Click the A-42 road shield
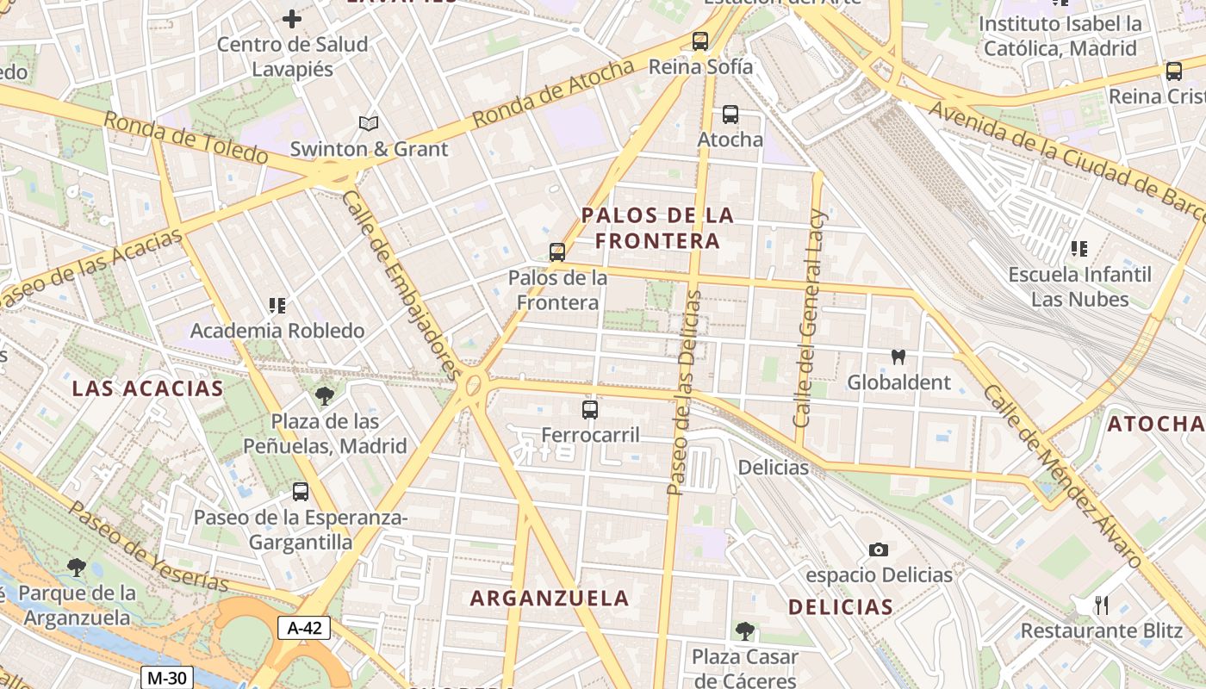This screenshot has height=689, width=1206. point(304,628)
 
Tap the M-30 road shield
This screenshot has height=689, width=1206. point(166,678)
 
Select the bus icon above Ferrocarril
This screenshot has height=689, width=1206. point(590,410)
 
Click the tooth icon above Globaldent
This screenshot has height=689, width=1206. point(898,357)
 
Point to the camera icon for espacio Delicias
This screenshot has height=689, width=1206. point(878,549)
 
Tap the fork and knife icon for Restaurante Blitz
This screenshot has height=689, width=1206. point(1101,605)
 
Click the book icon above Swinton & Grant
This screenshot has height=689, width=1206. point(369,124)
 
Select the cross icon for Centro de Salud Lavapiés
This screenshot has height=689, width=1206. point(292,18)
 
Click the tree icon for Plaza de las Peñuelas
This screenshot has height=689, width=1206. point(325,396)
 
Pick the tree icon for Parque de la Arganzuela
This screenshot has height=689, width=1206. point(77,567)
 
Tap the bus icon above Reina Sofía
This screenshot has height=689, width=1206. point(700,40)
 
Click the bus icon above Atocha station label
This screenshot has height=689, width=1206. point(730,114)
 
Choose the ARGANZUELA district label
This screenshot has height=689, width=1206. point(550,598)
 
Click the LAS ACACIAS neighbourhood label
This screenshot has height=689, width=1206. point(147,388)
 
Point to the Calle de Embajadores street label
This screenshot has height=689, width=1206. point(401,284)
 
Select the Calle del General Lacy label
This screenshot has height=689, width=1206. point(810,319)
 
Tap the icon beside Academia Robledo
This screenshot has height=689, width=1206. point(277,305)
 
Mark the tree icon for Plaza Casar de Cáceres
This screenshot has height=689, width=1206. point(745,631)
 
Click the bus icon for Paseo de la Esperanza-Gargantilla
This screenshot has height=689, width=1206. point(300,492)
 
